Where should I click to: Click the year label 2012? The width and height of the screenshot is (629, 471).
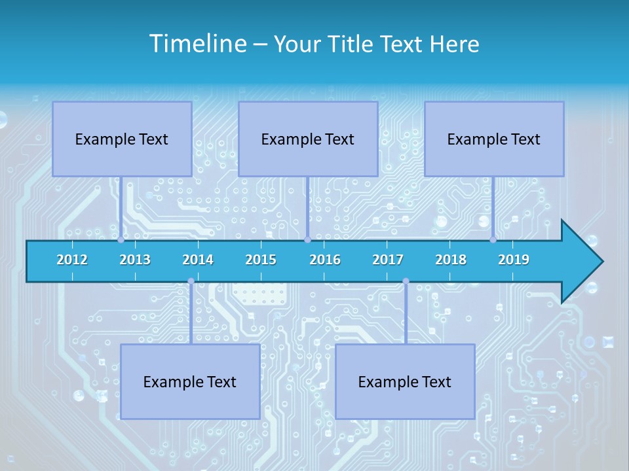pos(72,260)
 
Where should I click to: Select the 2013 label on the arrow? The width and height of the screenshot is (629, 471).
pos(135,260)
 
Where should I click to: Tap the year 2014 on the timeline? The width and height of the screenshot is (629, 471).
pos(198,260)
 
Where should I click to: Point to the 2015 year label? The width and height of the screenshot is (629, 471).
pos(261,260)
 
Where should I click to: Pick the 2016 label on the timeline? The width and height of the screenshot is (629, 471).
pos(325,260)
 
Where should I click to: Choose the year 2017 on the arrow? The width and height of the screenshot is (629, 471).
pos(388,260)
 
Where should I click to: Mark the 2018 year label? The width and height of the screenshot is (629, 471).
pos(451,260)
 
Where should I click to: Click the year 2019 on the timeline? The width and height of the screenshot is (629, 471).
pos(514,260)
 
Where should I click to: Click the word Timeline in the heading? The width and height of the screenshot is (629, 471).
pos(197,44)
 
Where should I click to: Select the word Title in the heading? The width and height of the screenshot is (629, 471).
pos(352,44)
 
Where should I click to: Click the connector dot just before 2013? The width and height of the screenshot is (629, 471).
pos(121,240)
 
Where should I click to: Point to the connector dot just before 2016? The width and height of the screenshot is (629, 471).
pos(307,240)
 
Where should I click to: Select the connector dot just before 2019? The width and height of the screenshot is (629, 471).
pos(493,240)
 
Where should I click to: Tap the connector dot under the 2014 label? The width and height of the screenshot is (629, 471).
pos(191,281)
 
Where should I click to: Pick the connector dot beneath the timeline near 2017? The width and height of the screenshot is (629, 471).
pos(406,281)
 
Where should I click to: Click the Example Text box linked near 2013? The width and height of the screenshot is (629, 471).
pos(122,139)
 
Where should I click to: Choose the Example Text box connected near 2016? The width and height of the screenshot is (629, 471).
pos(308,139)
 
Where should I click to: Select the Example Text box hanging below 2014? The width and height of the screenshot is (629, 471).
pos(190,381)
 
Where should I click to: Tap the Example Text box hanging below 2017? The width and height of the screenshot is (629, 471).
pos(405,381)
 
